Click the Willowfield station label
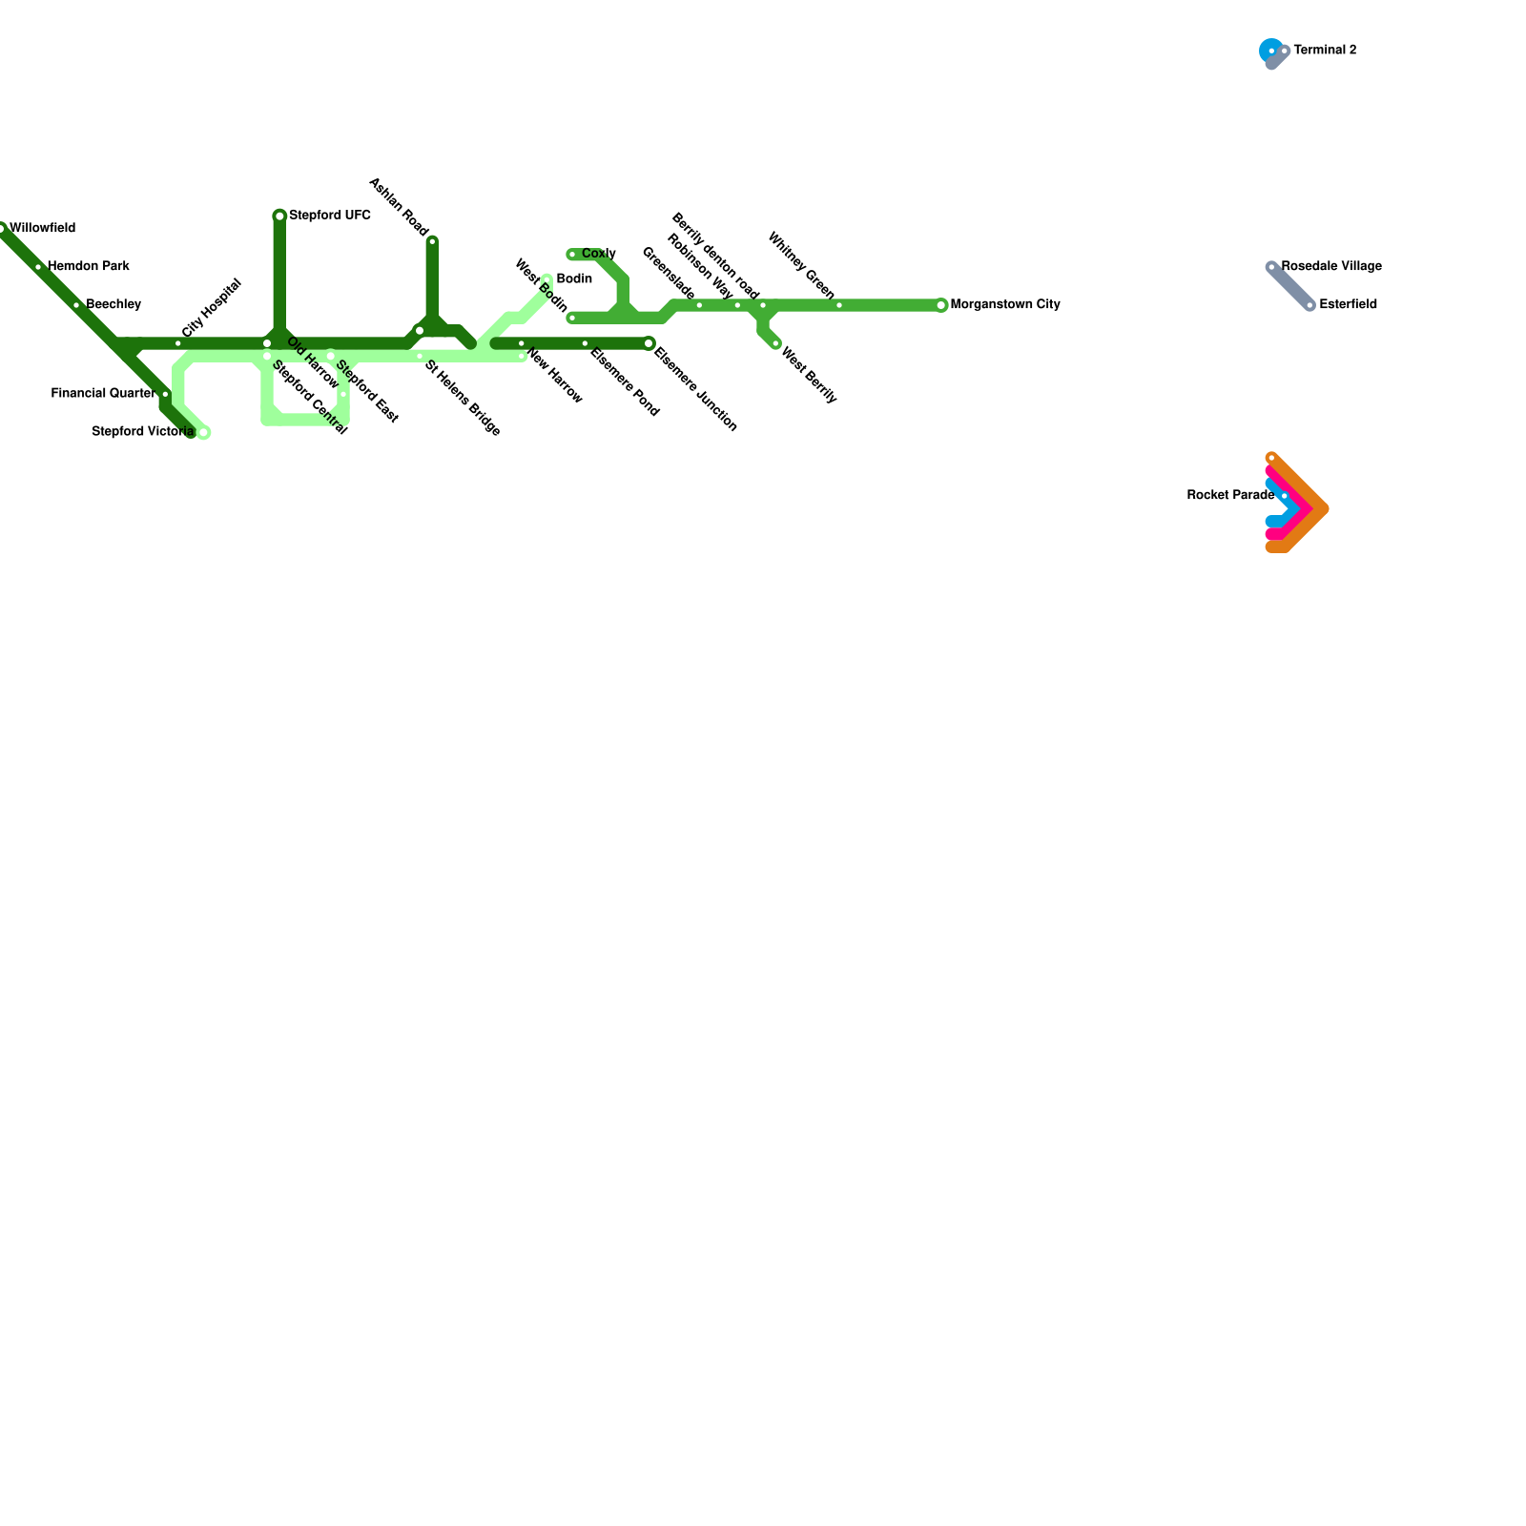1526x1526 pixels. coord(43,229)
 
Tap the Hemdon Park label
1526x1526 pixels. coord(89,267)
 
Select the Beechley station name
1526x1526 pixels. coord(113,305)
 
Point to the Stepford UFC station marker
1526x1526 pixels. coord(279,217)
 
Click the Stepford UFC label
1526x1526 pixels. coord(330,216)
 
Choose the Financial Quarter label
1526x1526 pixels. coord(103,394)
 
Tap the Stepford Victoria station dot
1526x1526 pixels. coord(203,433)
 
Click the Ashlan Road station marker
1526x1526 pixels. coord(432,241)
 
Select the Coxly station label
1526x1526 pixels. coord(599,254)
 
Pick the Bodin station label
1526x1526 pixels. coord(574,279)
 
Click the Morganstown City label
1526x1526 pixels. coord(1005,305)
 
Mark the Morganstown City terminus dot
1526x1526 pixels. coord(941,305)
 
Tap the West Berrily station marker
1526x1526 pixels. coord(775,343)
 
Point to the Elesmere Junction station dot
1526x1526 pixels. coord(649,343)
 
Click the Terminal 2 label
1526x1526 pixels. coord(1325,51)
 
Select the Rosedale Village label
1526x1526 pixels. coord(1331,267)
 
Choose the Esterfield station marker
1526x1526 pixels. coord(1309,305)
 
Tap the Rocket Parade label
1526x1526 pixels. coord(1230,496)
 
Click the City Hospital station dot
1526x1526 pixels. coord(178,343)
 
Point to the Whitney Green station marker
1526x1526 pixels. coord(839,305)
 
